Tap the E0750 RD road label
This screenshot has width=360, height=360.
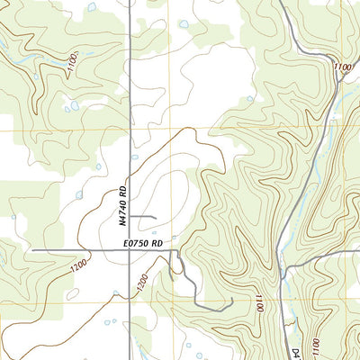click(x=144, y=242)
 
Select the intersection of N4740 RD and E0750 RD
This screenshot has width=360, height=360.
click(x=130, y=249)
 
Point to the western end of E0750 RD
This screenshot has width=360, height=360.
click(x=33, y=249)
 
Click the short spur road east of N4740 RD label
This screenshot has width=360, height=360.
click(x=148, y=217)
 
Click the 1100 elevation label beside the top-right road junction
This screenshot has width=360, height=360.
click(x=341, y=68)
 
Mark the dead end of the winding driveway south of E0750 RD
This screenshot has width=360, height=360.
click(x=233, y=300)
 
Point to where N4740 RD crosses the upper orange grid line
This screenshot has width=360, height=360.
click(x=130, y=130)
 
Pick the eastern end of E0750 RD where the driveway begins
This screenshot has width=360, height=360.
click(x=173, y=249)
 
